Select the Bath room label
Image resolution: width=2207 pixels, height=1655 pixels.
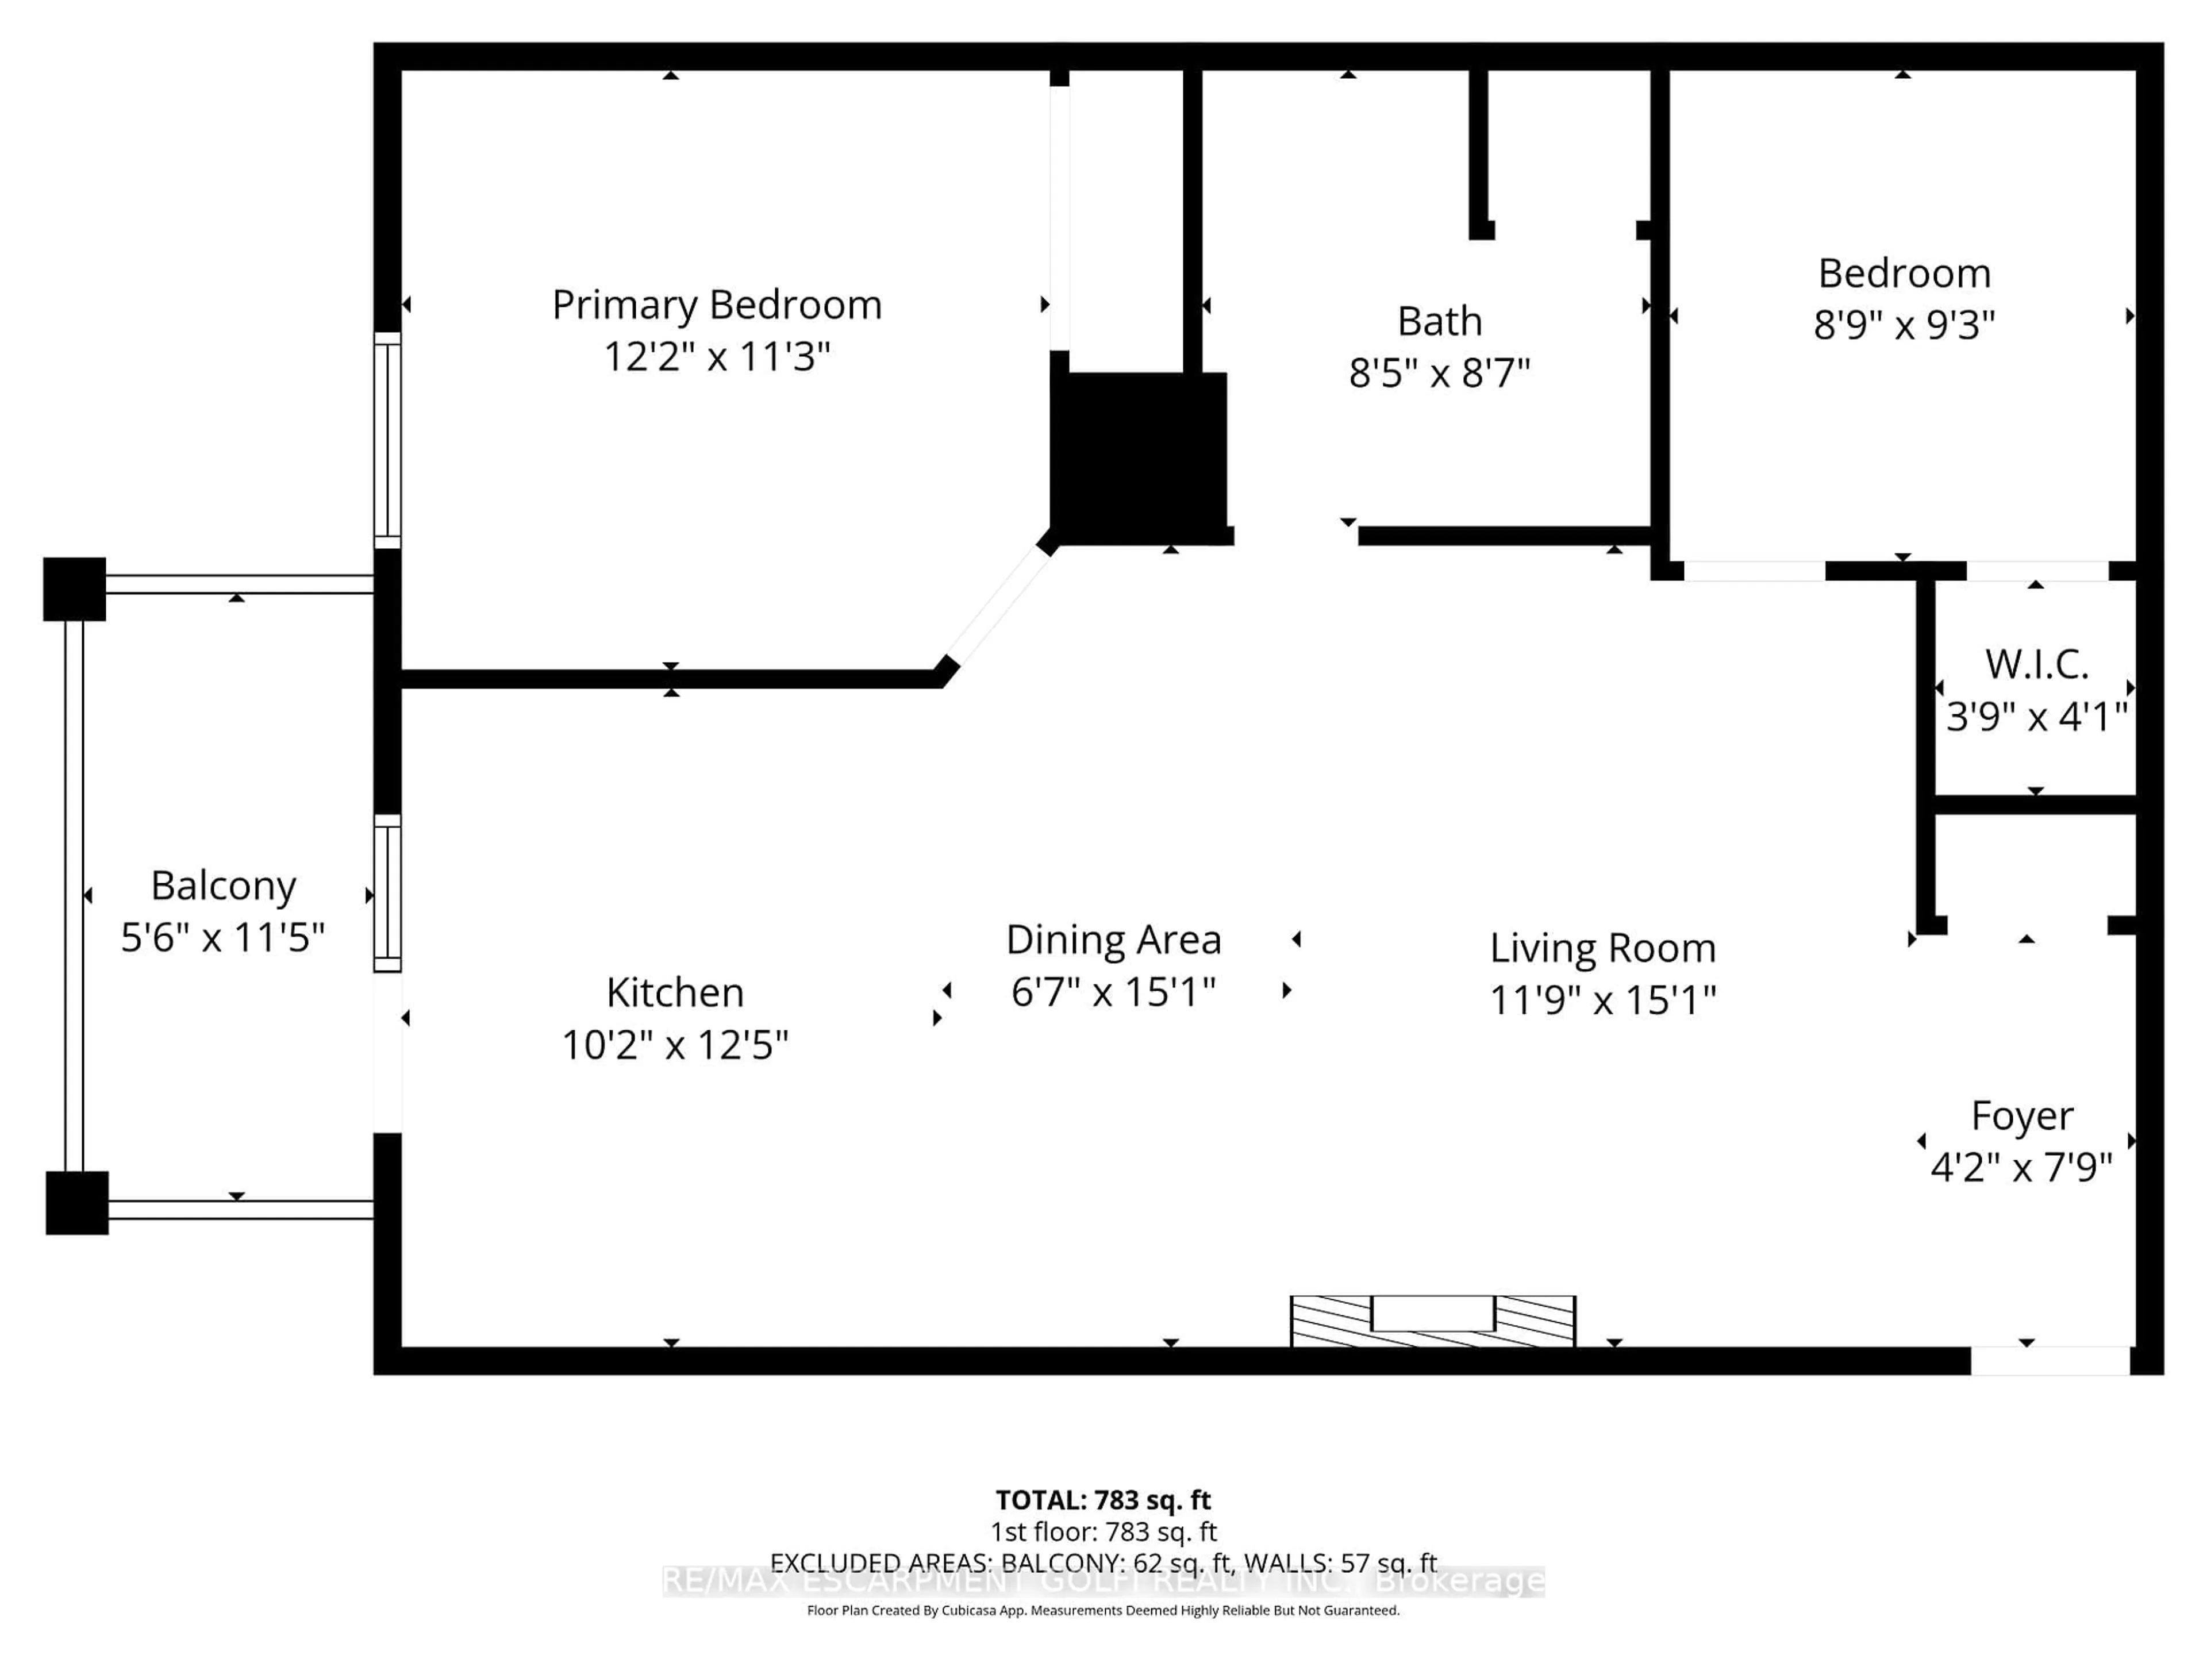(1439, 321)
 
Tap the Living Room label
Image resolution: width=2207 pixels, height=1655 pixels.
(1602, 948)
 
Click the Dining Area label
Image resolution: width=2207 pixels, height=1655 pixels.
(1113, 940)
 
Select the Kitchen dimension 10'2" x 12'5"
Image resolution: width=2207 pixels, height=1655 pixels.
(675, 1045)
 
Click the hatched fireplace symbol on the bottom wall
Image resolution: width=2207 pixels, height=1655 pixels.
(1433, 1320)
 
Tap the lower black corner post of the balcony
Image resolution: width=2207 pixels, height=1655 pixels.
(77, 1202)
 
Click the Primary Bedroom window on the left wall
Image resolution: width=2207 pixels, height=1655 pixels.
(387, 440)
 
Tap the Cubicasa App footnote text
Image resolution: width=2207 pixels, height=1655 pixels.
(1102, 1610)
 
